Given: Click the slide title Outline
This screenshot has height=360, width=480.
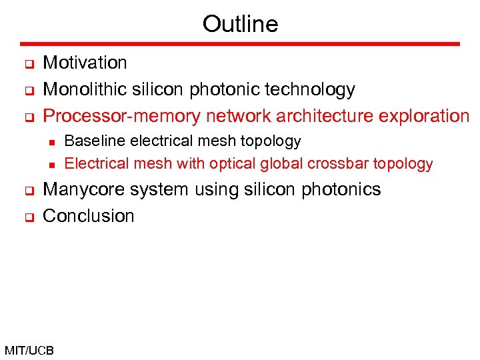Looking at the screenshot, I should tap(240, 24).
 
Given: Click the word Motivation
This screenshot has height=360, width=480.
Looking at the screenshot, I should tap(85, 63).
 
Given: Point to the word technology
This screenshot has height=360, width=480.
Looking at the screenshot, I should tap(311, 89).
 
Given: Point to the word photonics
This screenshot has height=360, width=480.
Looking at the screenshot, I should tap(341, 189).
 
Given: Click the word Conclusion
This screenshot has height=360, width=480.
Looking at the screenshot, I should tap(88, 216).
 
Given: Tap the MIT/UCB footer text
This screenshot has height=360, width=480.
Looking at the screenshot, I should tap(29, 350).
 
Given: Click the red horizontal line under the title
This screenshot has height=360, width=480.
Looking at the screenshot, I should tap(240, 44).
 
